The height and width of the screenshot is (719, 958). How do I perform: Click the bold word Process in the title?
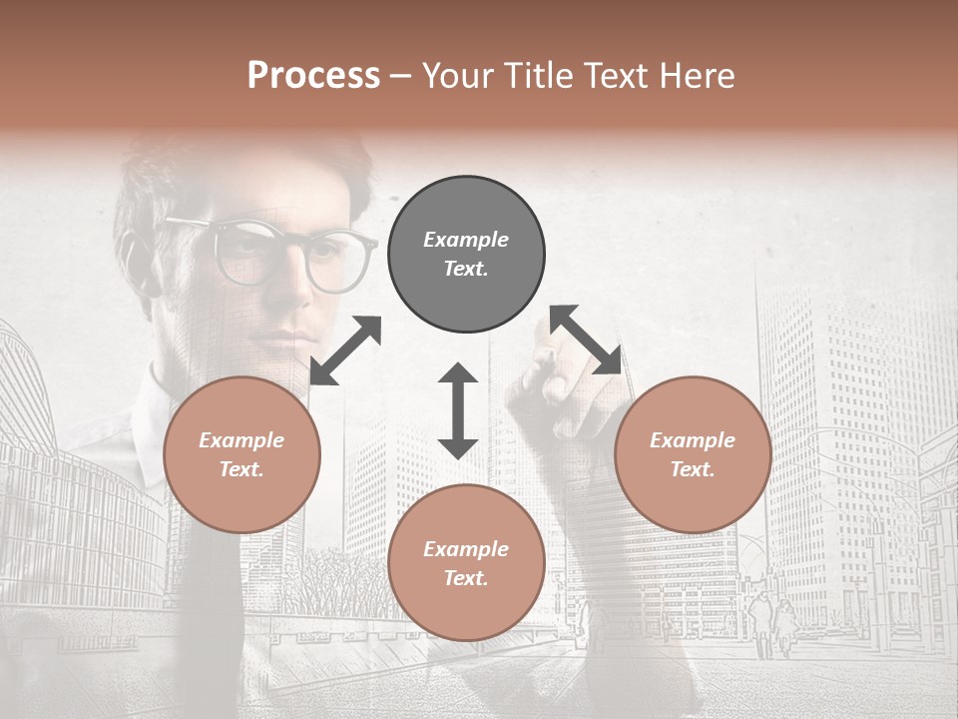point(313,76)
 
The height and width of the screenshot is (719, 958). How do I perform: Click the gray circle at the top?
point(466,255)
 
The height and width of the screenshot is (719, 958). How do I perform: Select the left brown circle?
point(241,455)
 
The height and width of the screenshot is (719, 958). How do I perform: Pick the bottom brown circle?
point(466,562)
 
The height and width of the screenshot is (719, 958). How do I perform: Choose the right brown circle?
point(693,455)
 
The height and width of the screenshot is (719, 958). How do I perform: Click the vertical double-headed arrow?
point(458,410)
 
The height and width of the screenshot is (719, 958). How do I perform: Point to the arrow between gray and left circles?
point(345,351)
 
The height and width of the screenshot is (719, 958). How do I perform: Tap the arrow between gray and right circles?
point(585,340)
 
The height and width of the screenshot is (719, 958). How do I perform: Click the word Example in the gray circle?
point(466,240)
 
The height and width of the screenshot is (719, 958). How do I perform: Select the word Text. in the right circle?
point(693,469)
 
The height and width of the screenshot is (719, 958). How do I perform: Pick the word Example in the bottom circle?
point(466,548)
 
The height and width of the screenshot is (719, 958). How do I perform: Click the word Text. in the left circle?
point(241,469)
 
